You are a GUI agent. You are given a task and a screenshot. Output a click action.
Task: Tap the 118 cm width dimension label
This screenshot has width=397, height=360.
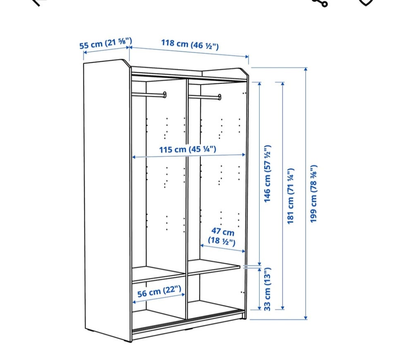coord(190,44)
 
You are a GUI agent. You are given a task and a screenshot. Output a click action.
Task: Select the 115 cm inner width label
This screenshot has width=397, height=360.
coord(188,149)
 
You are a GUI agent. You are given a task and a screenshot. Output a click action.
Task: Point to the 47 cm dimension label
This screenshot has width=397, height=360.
coord(222,236)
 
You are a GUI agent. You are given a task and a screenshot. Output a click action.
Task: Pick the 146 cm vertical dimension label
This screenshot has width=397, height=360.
coord(268,174)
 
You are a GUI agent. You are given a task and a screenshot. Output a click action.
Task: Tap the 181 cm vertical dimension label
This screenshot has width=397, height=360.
coord(290,196)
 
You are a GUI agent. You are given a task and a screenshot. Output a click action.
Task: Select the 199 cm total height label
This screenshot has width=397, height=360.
coord(313,194)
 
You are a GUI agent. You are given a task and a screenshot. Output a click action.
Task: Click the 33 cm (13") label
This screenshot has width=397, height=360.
coord(268,289)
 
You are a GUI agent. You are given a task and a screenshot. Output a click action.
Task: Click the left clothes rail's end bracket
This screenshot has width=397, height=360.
coord(165,95)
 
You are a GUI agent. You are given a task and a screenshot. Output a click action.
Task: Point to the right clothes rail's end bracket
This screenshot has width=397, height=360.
coord(220,97)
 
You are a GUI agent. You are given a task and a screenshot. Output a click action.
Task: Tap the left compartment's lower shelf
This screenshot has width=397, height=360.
coord(159,274)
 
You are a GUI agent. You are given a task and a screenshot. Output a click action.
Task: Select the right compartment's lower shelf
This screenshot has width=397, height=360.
coord(214,267)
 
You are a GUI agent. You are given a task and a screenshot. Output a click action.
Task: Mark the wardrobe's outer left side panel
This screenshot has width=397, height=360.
coord(107,200)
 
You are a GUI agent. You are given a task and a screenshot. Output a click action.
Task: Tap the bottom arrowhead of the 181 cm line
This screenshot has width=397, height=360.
coord(283,307)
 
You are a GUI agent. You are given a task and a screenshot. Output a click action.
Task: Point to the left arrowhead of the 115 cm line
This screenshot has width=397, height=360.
coord(134,157)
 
